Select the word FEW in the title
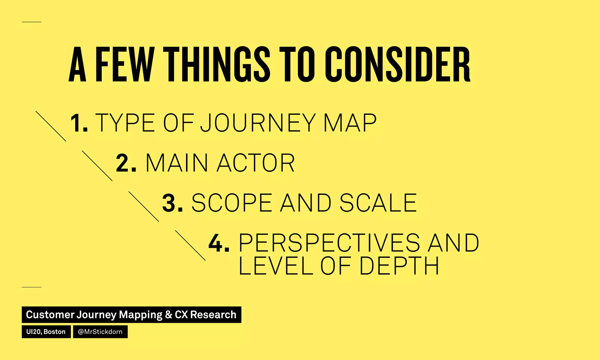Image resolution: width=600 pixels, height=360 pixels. pos(125,64)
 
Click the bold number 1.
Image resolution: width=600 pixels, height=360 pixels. pos(79,123)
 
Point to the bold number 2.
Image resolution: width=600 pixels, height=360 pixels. pos(126,163)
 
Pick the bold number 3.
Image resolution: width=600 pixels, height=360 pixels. pos(172,203)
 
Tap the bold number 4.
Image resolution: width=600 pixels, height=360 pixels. pos(219,243)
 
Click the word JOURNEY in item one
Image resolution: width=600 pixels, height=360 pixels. pos(258,123)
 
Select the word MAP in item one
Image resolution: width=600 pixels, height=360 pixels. pos(350,123)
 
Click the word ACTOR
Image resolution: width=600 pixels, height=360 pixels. pos(255,163)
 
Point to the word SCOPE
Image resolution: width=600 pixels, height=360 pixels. pos(232,203)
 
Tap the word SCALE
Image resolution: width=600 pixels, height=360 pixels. pos(378,203)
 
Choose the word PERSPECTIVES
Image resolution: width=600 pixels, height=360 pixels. pos(329,243)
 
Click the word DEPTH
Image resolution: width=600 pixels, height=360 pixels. pos(399,266)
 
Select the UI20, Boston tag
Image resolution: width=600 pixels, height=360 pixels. pos(46,332)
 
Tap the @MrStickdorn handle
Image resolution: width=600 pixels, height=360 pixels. pos(100,332)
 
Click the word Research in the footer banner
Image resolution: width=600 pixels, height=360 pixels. pos(213,315)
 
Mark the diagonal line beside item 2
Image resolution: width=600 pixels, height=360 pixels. pos(97,166)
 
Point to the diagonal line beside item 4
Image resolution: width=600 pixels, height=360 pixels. pos(190,245)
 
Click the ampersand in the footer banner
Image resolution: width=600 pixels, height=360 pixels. pos(168,315)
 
